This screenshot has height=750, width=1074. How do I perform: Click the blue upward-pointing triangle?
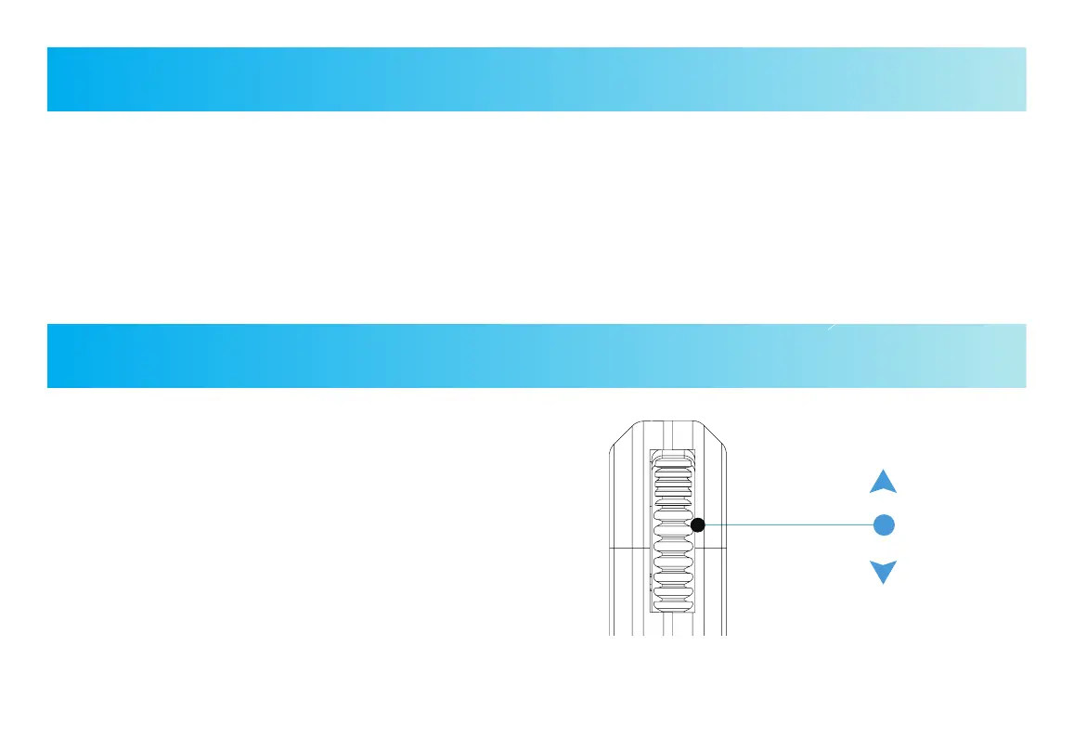coord(883,482)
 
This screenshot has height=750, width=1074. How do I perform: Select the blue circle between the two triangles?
coord(884,524)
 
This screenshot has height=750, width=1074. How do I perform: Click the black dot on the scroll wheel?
coord(698,525)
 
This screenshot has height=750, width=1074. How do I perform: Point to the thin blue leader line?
coord(789,525)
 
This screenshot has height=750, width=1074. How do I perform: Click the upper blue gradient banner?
coord(537,80)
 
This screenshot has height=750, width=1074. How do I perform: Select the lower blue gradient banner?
coord(537,356)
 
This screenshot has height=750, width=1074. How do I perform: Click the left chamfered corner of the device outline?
coord(616,436)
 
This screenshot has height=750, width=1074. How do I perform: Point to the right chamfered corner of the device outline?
coord(718,435)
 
